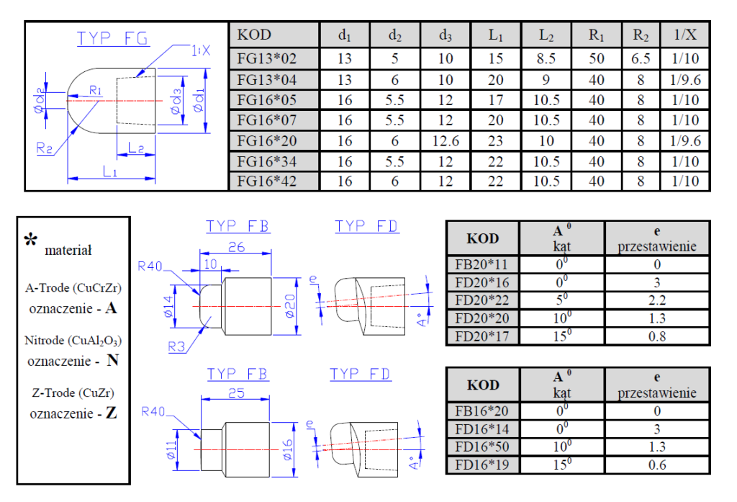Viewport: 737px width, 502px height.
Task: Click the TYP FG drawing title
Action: coord(114,38)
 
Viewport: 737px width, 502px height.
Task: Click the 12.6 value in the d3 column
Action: coord(446,140)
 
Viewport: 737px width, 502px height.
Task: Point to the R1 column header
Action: coord(596,35)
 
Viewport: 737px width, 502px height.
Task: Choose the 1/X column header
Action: coord(686,35)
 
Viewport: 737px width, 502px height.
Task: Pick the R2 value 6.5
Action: coord(641,58)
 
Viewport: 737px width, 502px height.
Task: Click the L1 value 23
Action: coord(495,140)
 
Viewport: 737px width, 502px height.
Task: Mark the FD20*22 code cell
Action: coord(481,300)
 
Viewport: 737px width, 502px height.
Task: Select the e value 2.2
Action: coord(657,300)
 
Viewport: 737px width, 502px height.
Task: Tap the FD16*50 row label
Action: coord(481,447)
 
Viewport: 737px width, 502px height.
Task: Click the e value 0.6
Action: coord(657,465)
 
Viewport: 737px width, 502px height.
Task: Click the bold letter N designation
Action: coord(112,361)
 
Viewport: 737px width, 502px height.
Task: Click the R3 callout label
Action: coord(178,347)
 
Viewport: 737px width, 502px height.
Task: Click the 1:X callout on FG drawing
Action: coord(201,50)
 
